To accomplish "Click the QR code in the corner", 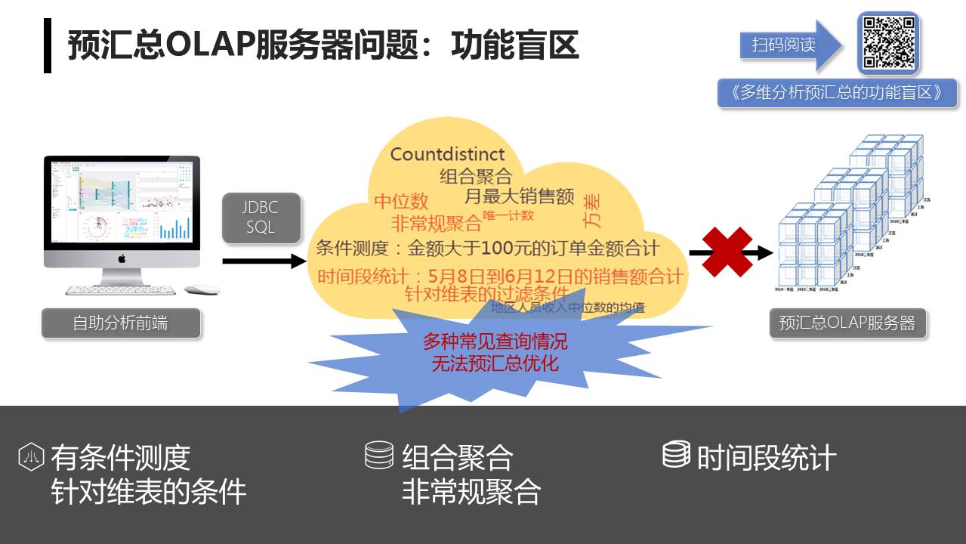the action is [888, 42].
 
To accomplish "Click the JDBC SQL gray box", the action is [261, 218].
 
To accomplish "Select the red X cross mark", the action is [727, 252].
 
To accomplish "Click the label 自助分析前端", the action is [121, 323].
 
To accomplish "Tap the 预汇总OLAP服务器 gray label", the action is [847, 323].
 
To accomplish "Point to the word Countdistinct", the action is [447, 154].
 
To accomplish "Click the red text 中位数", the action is [401, 201].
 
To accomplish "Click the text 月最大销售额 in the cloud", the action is [519, 197].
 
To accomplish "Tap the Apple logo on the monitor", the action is [122, 258].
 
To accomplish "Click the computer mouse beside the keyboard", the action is [202, 289].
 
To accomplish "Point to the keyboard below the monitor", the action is [121, 289].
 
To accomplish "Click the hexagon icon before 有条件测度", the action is [32, 456].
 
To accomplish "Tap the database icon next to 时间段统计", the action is [676, 454].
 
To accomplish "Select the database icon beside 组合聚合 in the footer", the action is [379, 455].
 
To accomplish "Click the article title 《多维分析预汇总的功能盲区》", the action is [837, 93].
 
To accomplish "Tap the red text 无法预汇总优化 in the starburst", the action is [495, 363].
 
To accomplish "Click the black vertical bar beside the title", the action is [48, 45].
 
